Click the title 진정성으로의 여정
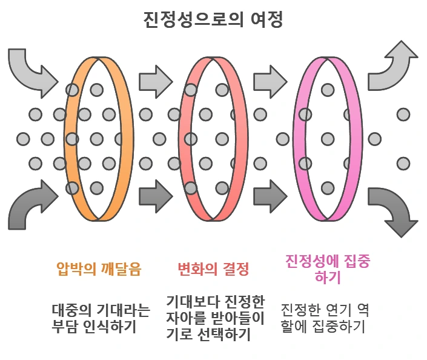pyautogui.click(x=213, y=19)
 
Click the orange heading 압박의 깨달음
pyautogui.click(x=99, y=268)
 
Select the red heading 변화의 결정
pyautogui.click(x=213, y=268)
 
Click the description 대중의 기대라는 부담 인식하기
pyautogui.click(x=101, y=319)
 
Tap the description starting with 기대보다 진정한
pyautogui.click(x=216, y=318)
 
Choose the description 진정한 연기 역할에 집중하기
pyautogui.click(x=325, y=319)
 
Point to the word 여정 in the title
pyautogui.click(x=265, y=19)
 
